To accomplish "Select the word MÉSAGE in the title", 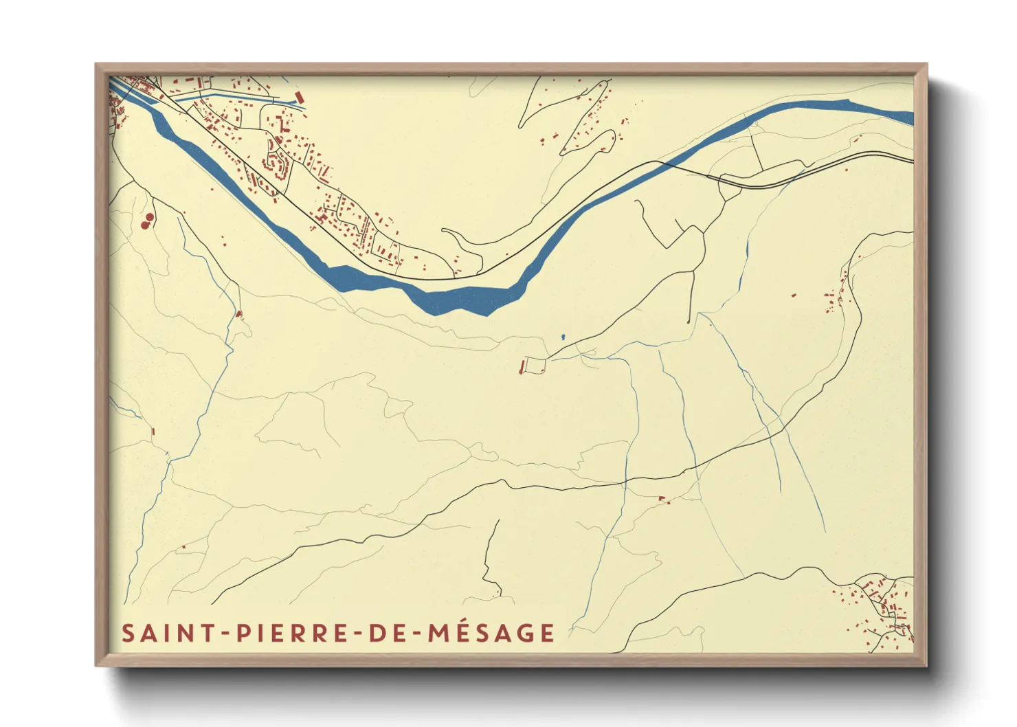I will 491,633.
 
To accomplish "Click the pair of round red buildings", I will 147,221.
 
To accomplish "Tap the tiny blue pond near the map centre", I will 562,337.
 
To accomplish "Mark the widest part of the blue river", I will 467,299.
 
